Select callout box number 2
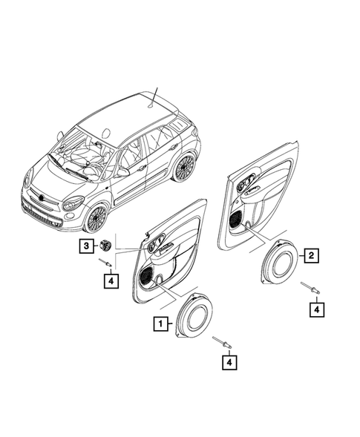point(313,255)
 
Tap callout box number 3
point(87,246)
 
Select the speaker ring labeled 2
point(282,260)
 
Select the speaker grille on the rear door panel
point(236,220)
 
